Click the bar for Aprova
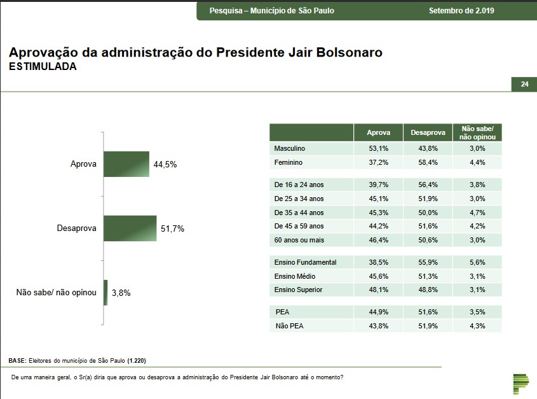pos(126,164)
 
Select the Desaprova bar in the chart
pos(130,228)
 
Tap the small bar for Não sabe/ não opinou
pos(105,293)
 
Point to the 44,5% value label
pos(165,164)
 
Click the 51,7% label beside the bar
pos(172,228)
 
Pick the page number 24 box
pos(524,84)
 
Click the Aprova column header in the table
pos(379,133)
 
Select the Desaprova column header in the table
pos(428,133)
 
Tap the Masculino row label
pos(290,148)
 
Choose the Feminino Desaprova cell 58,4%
pos(428,162)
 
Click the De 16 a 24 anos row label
pos(299,185)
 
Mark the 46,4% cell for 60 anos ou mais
pos(379,240)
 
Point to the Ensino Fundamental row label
pos(305,262)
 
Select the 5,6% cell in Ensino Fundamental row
pos(477,262)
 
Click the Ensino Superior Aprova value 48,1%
pos(379,290)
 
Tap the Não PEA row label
pos(290,326)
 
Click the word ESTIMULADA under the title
pos(43,67)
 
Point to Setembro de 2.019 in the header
pos(461,11)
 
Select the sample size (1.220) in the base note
pos(136,360)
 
